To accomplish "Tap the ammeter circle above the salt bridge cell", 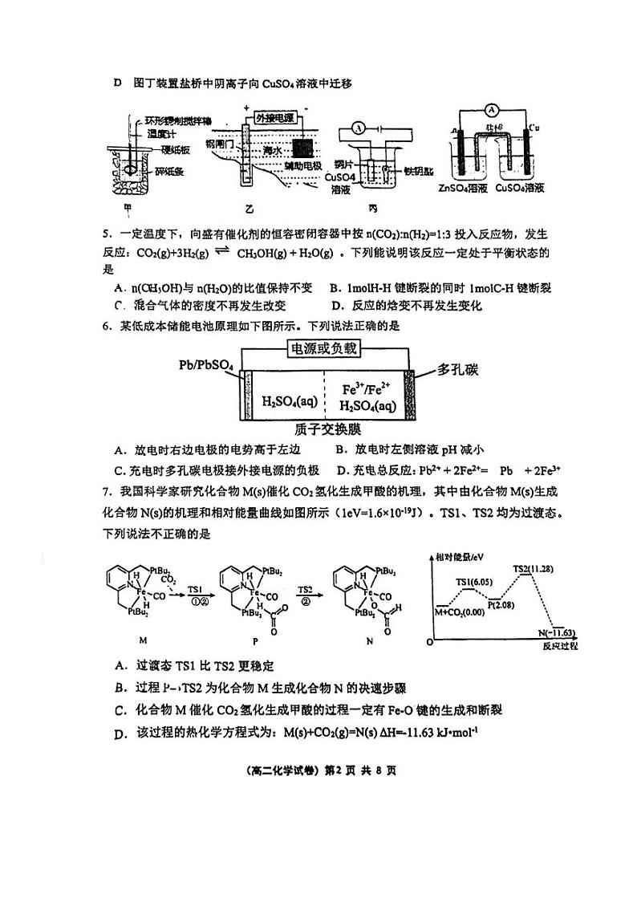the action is pos(495,109).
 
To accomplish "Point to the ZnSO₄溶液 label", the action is pos(464,189).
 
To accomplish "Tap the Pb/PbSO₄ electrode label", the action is pos(206,367).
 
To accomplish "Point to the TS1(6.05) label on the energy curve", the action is pos(473,580).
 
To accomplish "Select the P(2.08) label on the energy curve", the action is pos(503,603).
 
